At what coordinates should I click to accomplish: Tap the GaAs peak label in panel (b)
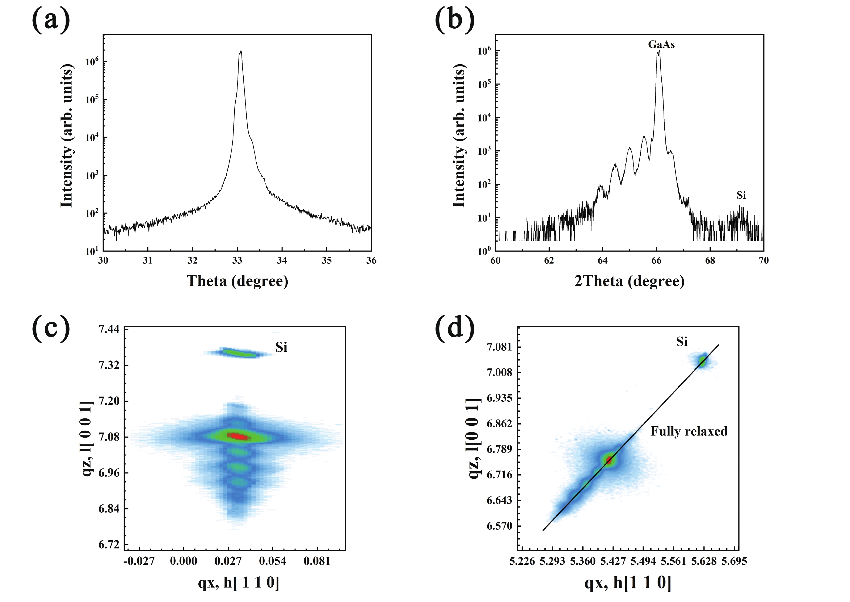pos(661,45)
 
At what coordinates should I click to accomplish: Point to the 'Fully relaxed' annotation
pos(689,431)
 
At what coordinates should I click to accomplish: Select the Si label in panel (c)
pos(281,347)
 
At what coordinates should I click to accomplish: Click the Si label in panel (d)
pos(682,341)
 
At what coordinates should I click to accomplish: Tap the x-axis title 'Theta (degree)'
pos(237,281)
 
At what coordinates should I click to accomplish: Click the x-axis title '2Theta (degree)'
pos(629,281)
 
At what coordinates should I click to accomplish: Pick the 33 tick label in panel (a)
pos(237,261)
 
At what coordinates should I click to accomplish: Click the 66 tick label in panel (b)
pos(656,261)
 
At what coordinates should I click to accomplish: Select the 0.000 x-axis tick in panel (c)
pos(183,561)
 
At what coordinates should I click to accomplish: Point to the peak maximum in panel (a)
pos(241,51)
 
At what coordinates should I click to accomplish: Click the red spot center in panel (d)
pos(609,460)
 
